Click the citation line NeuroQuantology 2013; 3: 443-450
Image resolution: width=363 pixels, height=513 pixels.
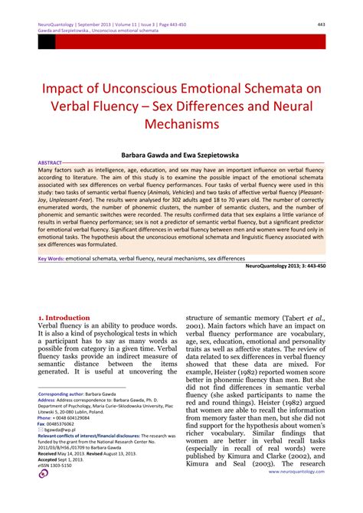pyautogui.click(x=287, y=266)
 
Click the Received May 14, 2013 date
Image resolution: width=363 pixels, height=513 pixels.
pyautogui.click(x=65, y=453)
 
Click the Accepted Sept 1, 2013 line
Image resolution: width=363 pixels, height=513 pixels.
pyautogui.click(x=60, y=458)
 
